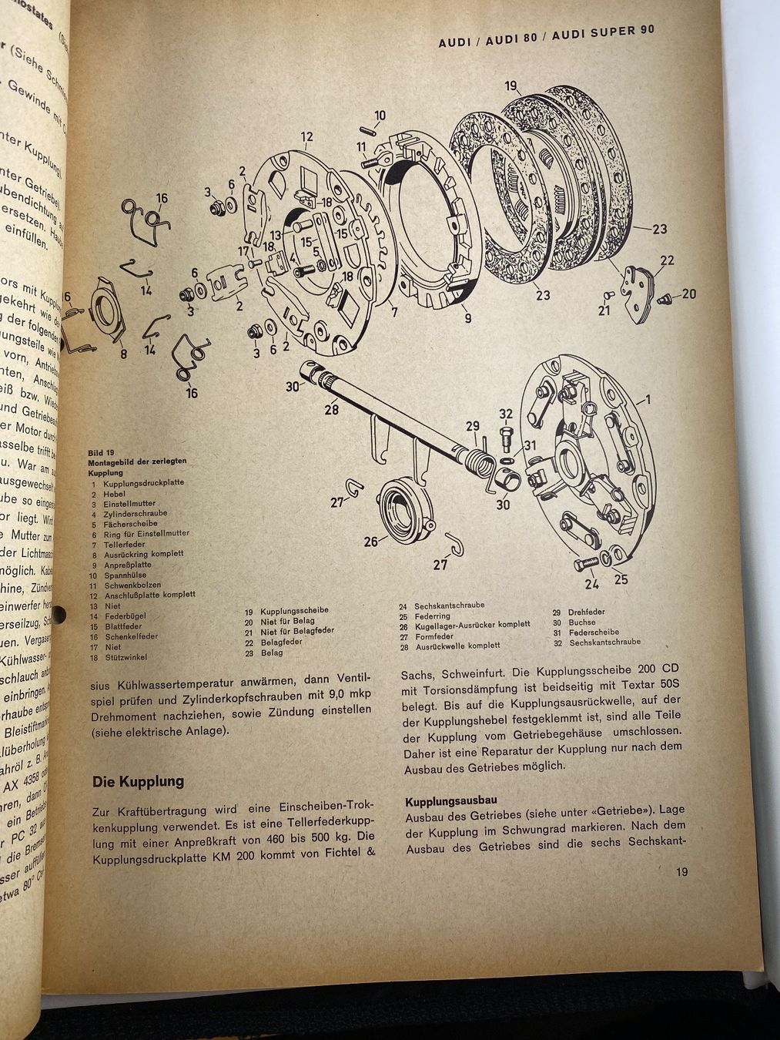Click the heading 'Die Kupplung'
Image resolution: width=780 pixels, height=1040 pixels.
[138, 781]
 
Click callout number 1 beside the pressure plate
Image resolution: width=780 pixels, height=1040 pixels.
[647, 399]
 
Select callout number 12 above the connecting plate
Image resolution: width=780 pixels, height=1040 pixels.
[307, 138]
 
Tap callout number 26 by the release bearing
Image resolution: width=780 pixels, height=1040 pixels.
[371, 542]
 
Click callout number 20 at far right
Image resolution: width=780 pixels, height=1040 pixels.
[688, 294]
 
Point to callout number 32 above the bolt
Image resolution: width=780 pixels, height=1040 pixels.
[505, 414]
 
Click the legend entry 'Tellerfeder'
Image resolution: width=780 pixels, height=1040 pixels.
[124, 544]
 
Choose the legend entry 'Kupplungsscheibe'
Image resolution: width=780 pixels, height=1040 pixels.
[294, 610]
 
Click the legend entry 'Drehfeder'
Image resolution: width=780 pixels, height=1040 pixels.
[586, 612]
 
